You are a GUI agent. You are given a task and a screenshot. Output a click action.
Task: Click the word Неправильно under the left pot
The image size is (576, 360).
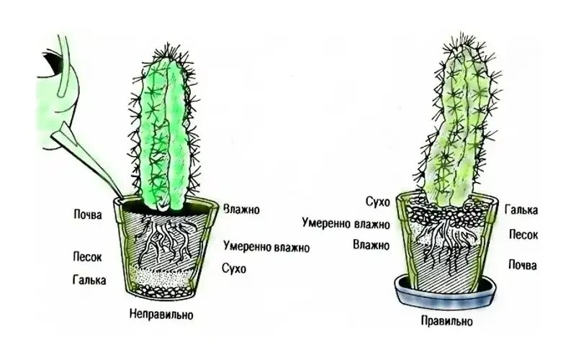click(x=161, y=315)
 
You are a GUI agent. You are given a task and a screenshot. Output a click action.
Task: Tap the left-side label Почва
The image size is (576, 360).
click(x=89, y=214)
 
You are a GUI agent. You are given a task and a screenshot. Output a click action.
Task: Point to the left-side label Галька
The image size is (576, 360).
click(x=89, y=279)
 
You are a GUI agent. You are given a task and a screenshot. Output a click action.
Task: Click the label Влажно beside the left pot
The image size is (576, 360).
click(x=241, y=210)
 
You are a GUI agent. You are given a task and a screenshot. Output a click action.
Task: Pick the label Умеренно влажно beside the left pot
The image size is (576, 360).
click(x=266, y=248)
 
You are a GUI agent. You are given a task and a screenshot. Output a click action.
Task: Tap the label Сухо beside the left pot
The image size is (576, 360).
click(x=234, y=269)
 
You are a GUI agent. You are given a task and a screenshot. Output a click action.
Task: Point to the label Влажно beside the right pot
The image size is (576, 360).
click(x=371, y=245)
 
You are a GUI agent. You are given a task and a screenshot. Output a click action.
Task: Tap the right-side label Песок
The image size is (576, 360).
click(x=523, y=235)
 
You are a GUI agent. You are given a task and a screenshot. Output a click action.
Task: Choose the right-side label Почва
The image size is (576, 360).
click(x=523, y=265)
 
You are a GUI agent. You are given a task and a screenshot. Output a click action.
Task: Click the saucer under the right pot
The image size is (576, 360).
click(x=446, y=295)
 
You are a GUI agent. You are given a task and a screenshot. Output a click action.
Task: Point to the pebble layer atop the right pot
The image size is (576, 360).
click(x=446, y=213)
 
